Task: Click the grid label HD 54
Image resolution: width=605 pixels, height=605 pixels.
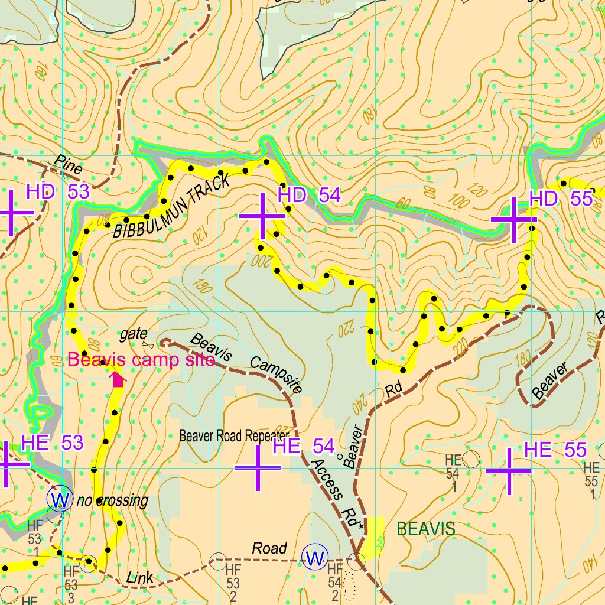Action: [x=309, y=195]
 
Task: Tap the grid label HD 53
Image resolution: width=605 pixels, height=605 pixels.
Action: [x=58, y=191]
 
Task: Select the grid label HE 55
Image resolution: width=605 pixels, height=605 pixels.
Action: [x=555, y=450]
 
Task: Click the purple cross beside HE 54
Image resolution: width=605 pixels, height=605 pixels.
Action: [x=258, y=468]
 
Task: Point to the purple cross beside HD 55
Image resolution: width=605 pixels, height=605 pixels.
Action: [x=513, y=219]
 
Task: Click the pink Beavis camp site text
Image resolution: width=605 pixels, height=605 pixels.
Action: [x=141, y=360]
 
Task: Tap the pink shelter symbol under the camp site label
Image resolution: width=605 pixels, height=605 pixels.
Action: [x=119, y=380]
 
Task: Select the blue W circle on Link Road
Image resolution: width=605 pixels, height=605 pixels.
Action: [x=314, y=557]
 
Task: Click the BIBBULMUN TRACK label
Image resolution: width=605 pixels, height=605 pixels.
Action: [x=171, y=208]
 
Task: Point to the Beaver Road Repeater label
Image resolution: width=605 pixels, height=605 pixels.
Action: [x=234, y=437]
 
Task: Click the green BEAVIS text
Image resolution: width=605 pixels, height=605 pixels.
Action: [x=426, y=529]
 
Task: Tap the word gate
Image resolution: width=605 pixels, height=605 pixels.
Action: [x=133, y=335]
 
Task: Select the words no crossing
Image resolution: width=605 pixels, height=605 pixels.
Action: [x=112, y=501]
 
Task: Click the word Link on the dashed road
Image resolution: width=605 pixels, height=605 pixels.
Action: [x=139, y=577]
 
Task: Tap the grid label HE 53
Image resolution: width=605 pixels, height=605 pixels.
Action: [x=52, y=442]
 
